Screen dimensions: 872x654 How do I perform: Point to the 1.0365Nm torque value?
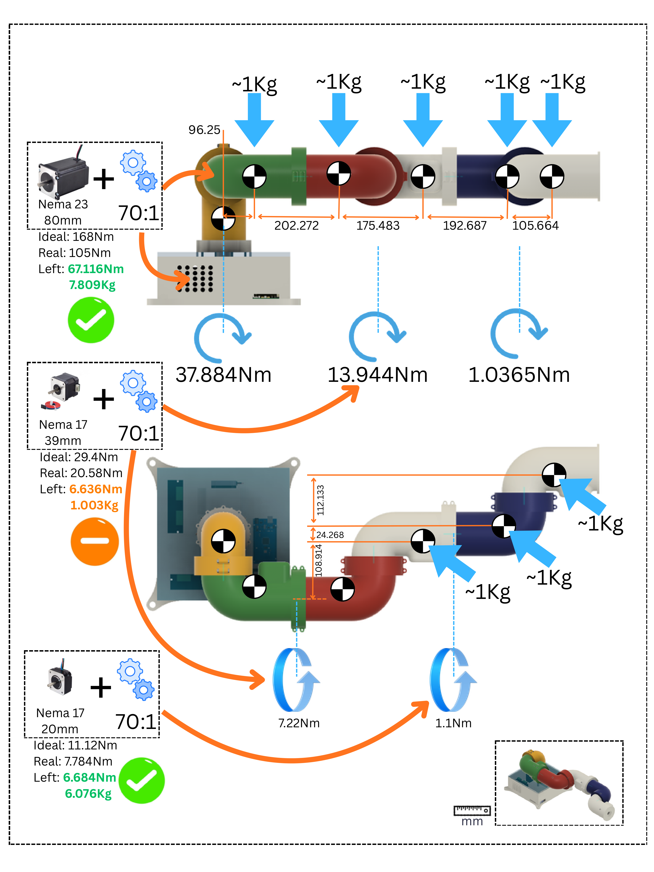point(519,375)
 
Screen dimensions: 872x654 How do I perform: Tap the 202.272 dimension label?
point(296,226)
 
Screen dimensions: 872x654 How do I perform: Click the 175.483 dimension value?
point(378,226)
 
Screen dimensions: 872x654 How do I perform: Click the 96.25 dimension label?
point(204,130)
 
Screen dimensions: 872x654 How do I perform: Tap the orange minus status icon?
point(95,541)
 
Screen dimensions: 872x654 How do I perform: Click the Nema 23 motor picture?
point(63,176)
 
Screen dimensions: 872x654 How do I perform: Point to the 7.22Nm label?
point(299,723)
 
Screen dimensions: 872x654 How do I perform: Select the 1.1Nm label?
point(453,723)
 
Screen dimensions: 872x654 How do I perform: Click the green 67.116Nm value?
point(96,269)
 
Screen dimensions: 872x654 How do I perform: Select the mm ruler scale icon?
point(472,811)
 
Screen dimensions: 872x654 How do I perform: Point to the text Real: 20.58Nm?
point(81,473)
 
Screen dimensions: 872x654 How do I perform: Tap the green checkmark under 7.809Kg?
point(91,320)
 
